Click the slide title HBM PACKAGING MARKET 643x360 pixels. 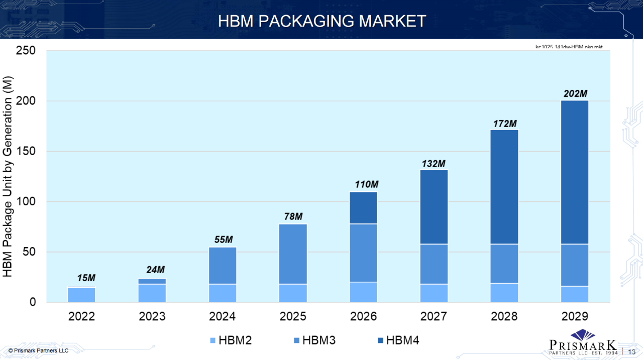click(321, 21)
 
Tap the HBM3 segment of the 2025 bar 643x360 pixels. click(293, 254)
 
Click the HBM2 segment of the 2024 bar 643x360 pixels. click(223, 293)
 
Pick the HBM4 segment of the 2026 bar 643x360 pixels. click(364, 208)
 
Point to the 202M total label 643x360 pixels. click(575, 93)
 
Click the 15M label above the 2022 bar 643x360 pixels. click(86, 278)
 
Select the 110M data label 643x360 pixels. click(364, 184)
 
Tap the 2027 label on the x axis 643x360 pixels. click(434, 317)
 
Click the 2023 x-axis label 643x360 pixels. click(152, 317)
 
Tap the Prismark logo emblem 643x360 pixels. click(582, 334)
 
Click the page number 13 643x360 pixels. click(632, 351)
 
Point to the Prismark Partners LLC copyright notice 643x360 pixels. click(38, 350)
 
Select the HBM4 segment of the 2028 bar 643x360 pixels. click(504, 187)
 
